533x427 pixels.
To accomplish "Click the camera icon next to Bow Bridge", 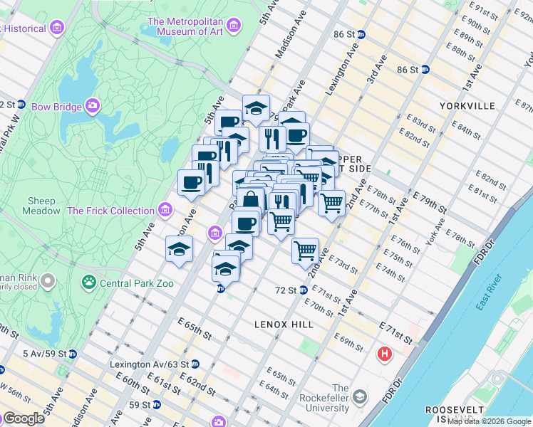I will [93, 107].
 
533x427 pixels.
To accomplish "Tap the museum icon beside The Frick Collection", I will [165, 210].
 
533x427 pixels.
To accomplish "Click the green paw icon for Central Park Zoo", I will [89, 283].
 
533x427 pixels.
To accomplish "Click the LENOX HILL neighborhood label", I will [284, 325].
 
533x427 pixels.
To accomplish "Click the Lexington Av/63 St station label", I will [150, 364].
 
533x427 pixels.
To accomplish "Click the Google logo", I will [24, 418].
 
